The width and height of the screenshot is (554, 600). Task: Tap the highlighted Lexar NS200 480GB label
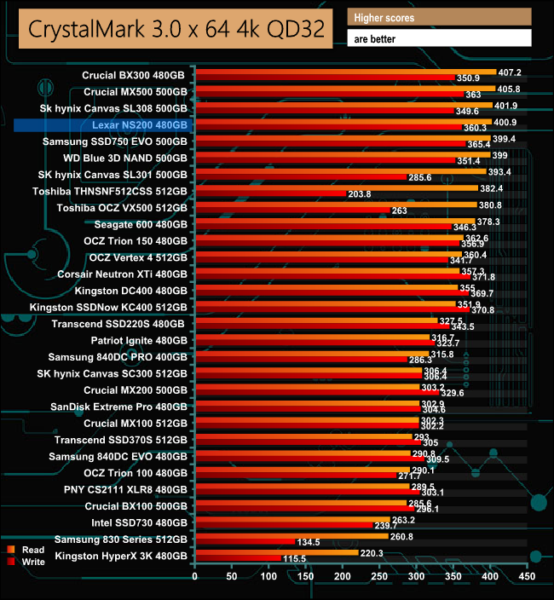coord(140,125)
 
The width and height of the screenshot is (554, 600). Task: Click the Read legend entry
coord(34,550)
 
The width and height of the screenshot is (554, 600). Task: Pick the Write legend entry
coord(34,562)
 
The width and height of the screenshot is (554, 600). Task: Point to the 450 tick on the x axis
coord(528,578)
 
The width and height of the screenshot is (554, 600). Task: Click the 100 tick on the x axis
coord(269,578)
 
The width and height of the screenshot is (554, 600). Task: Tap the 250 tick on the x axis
coord(380,578)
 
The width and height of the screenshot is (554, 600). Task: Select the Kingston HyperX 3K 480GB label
coord(121,557)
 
